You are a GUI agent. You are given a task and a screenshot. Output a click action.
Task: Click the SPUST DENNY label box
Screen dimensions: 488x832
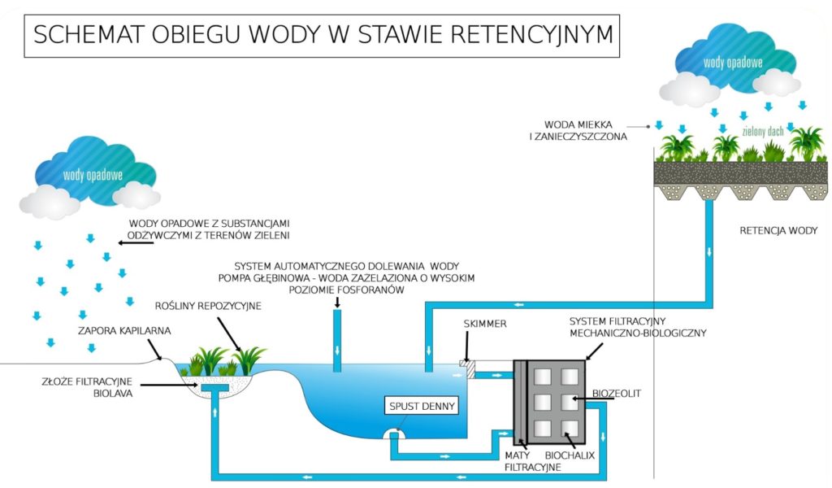[423, 405]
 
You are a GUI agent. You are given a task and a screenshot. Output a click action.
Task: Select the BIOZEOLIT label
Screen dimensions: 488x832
[617, 393]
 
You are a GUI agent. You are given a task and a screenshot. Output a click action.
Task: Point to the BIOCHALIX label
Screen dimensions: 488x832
[570, 455]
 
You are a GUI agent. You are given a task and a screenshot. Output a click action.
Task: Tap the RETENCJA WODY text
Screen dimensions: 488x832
[773, 230]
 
